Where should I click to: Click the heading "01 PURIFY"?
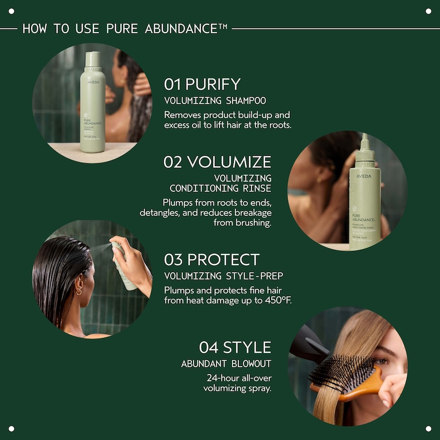pyautogui.click(x=202, y=84)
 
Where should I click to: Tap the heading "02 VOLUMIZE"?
pyautogui.click(x=217, y=162)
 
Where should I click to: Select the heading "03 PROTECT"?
pyautogui.click(x=211, y=260)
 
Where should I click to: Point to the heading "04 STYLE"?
pyautogui.click(x=235, y=347)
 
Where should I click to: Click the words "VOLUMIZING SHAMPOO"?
pyautogui.click(x=215, y=101)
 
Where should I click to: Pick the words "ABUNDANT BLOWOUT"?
pyautogui.click(x=226, y=364)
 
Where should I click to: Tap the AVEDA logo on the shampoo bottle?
pyautogui.click(x=93, y=82)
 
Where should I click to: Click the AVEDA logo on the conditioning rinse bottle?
pyautogui.click(x=364, y=176)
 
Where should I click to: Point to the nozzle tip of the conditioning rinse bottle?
pyautogui.click(x=364, y=137)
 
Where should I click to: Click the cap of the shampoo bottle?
pyautogui.click(x=93, y=60)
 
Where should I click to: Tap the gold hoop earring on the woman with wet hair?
pyautogui.click(x=78, y=291)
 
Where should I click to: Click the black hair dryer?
pyautogui.click(x=307, y=344)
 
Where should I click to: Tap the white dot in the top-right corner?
pyautogui.click(x=429, y=11)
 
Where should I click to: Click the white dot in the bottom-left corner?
pyautogui.click(x=11, y=429)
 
